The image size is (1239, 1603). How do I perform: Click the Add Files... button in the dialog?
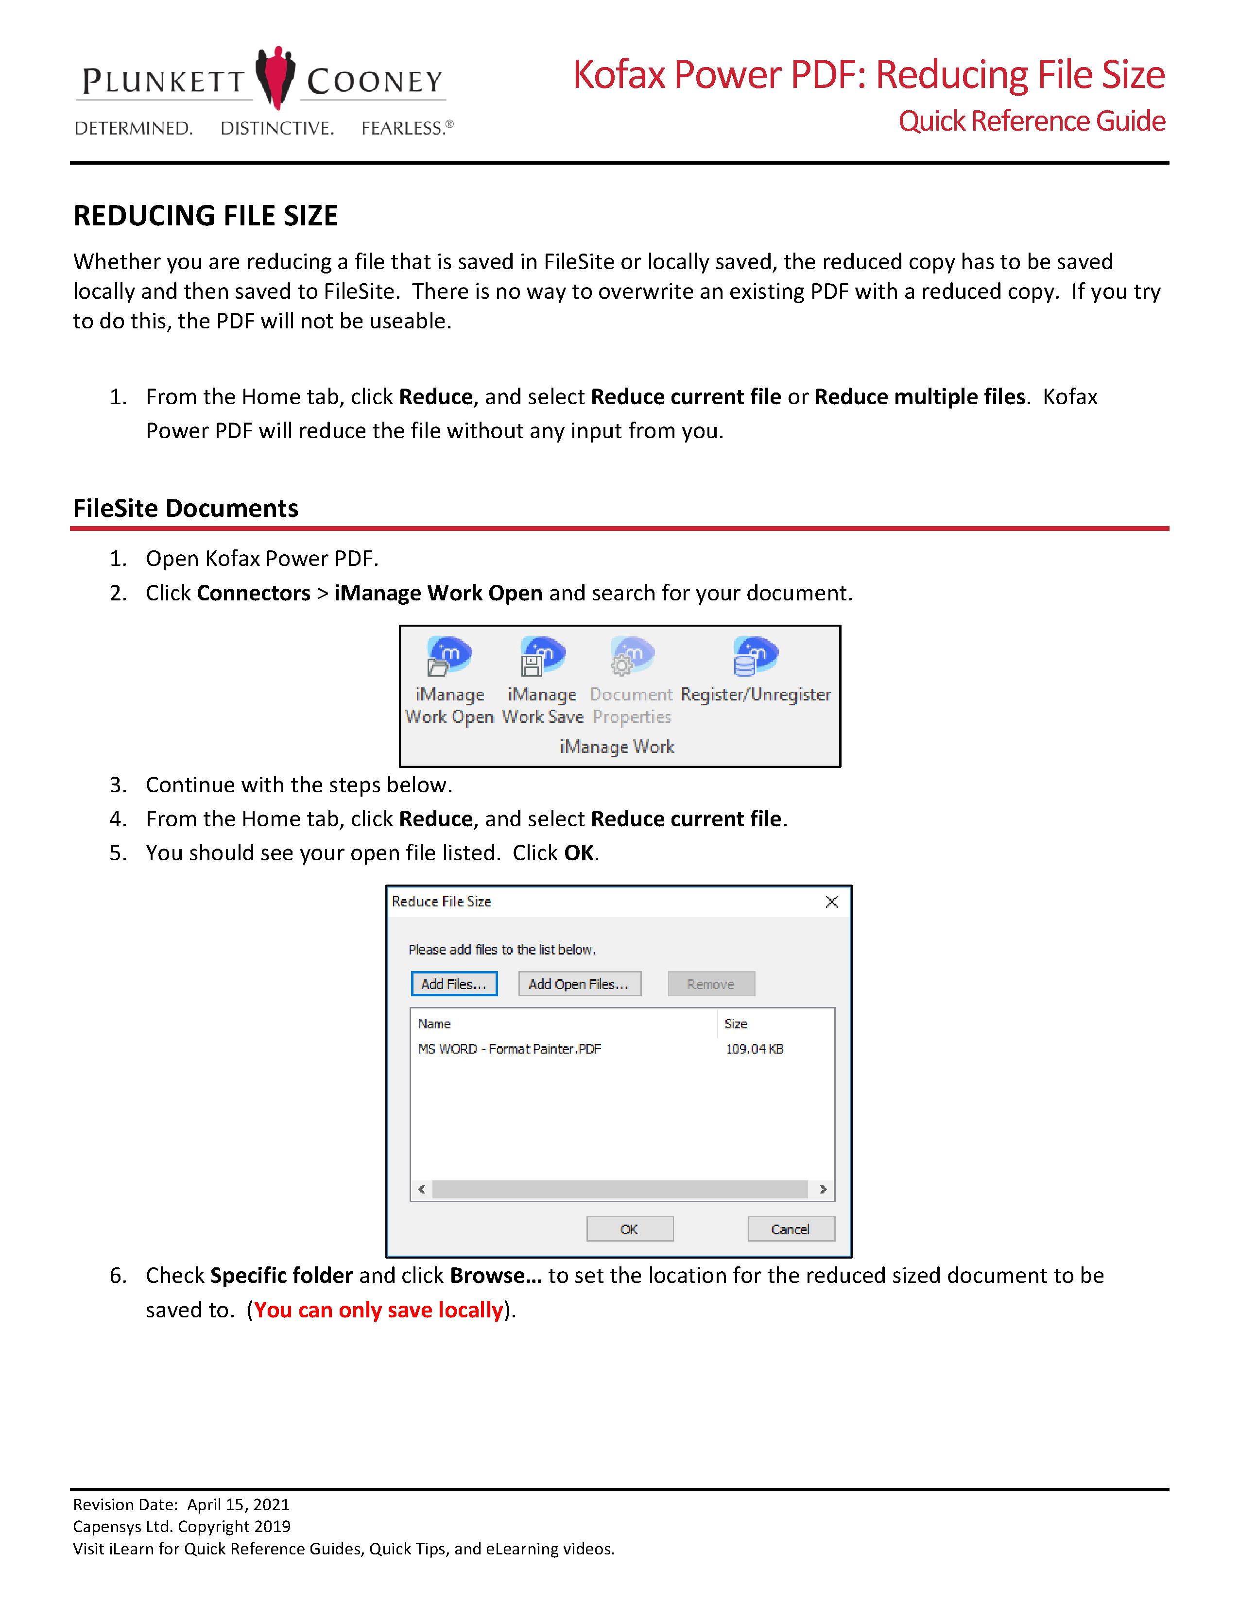coord(454,984)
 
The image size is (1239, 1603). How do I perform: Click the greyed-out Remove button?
coord(710,984)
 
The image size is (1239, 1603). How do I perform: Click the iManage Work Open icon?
coord(449,655)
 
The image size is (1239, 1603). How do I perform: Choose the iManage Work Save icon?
coord(542,655)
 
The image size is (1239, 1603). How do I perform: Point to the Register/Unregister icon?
coord(755,655)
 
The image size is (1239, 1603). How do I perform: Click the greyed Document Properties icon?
coord(631,655)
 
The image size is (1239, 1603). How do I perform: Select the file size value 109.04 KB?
coord(754,1049)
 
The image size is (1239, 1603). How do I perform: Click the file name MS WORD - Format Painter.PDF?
coord(509,1049)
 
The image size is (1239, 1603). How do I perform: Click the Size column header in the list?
coord(736,1024)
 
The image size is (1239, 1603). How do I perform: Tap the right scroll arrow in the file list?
coord(823,1189)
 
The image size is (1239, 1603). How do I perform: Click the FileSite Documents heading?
coord(186,508)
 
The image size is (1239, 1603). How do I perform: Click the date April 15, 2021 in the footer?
coord(239,1505)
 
